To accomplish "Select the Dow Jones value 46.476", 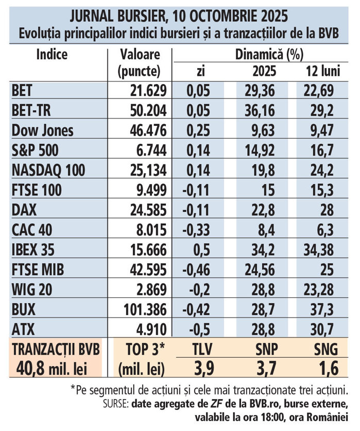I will point(147,130).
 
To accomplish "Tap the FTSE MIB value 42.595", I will point(147,270).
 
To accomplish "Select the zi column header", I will point(200,71).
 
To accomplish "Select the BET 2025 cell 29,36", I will point(259,91).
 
